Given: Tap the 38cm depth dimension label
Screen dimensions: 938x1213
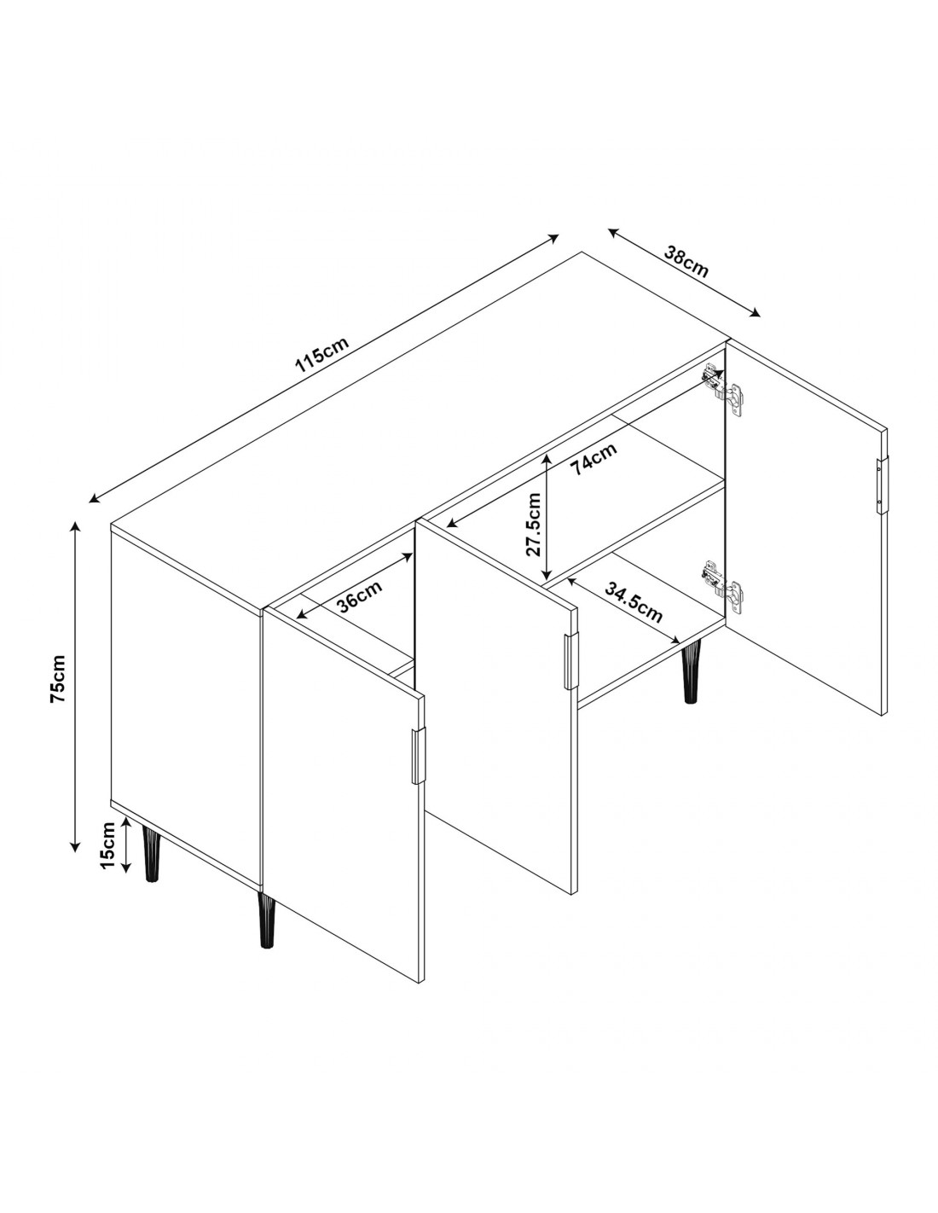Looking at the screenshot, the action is [x=686, y=262].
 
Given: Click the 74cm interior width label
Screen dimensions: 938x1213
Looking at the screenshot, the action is [x=594, y=459].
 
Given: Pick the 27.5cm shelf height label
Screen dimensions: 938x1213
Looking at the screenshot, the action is [x=535, y=524].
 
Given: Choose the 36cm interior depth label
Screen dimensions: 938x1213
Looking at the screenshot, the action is [x=360, y=596].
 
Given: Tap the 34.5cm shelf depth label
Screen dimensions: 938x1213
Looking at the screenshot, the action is [x=634, y=603].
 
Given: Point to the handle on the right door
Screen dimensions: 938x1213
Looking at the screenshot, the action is [x=881, y=485].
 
